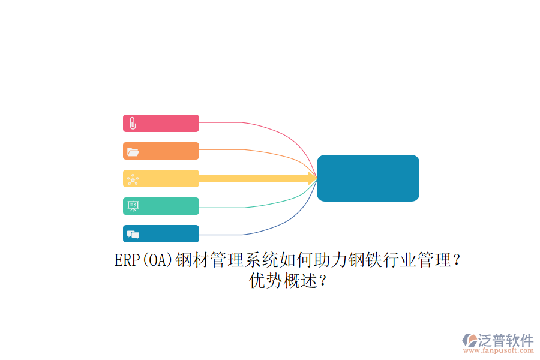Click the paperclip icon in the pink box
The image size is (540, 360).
pos(133,124)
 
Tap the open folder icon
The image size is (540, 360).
pos(133,152)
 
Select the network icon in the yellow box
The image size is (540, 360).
pos(133,179)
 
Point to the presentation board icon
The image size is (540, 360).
pos(133,206)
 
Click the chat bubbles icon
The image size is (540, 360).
pos(133,235)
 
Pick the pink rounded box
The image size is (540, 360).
pos(161,124)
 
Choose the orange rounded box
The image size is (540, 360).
pos(161,151)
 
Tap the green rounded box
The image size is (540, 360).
pos(161,206)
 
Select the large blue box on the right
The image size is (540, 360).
pos(368,178)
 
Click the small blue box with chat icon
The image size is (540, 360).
pos(161,233)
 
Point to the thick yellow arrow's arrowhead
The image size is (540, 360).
pos(313,178)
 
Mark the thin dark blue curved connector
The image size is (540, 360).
pos(275,227)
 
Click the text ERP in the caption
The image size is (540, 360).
pos(127,260)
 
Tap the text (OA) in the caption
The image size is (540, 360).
pos(157,260)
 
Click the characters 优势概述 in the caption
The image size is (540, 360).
pos(283,280)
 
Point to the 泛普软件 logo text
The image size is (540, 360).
pos(506,340)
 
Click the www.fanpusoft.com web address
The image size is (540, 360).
pos(499,350)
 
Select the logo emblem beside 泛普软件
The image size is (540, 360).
pos(470,340)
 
